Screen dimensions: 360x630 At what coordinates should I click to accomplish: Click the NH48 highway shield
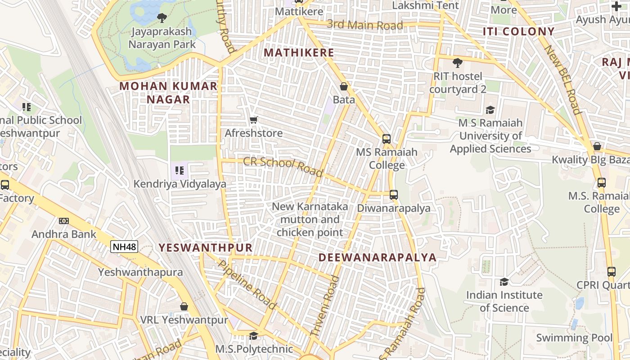pyautogui.click(x=124, y=246)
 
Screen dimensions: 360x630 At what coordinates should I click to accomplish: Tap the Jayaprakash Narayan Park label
pyautogui.click(x=162, y=38)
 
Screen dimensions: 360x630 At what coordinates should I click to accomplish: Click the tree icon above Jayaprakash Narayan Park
pyautogui.click(x=162, y=18)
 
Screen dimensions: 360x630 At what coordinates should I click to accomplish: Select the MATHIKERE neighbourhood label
pyautogui.click(x=299, y=53)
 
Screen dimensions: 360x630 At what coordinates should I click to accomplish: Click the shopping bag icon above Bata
pyautogui.click(x=344, y=86)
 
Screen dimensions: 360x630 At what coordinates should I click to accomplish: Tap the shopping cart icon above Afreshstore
pyautogui.click(x=254, y=120)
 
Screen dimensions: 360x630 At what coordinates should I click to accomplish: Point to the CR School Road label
pyautogui.click(x=283, y=166)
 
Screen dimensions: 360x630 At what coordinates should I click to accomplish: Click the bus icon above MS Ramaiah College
pyautogui.click(x=387, y=139)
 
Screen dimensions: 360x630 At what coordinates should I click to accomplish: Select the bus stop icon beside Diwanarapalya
pyautogui.click(x=394, y=195)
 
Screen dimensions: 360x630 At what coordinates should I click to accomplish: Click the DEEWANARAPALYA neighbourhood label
pyautogui.click(x=378, y=257)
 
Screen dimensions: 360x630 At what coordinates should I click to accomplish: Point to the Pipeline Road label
pyautogui.click(x=247, y=285)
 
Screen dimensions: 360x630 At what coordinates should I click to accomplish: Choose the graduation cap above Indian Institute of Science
pyautogui.click(x=504, y=282)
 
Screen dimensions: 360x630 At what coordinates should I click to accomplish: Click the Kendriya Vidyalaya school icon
pyautogui.click(x=180, y=171)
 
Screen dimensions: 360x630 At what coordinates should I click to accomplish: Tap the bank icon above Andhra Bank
pyautogui.click(x=64, y=221)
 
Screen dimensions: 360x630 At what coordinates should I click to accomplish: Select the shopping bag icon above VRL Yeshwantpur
pyautogui.click(x=184, y=306)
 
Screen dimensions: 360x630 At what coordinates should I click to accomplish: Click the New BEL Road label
pyautogui.click(x=562, y=80)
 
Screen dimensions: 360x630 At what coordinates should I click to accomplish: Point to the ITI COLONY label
pyautogui.click(x=518, y=31)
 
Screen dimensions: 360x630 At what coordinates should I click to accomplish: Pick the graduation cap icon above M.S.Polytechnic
pyautogui.click(x=254, y=336)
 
